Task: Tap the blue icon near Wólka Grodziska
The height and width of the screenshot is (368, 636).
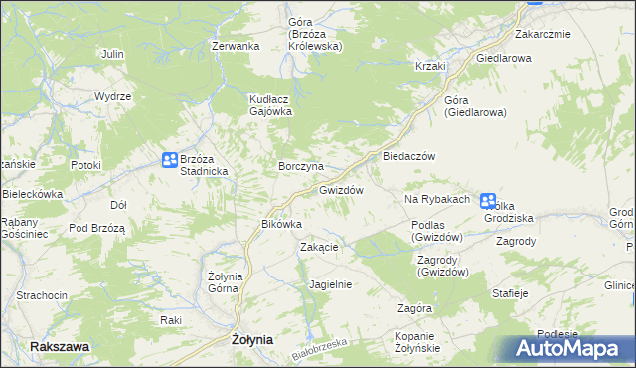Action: coord(488,201)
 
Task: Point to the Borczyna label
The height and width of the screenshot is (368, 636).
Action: coord(301,165)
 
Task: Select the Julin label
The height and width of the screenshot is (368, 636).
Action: coord(112,53)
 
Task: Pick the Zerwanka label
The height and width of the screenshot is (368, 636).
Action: coord(236,46)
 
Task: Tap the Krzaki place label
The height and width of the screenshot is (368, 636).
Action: coord(430,66)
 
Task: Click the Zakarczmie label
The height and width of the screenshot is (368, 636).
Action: coord(542,34)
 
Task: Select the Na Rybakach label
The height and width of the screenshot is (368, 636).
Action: coord(436,200)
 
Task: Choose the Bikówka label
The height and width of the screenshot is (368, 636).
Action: coord(280,225)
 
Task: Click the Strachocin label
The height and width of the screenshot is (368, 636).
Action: coord(42,296)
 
